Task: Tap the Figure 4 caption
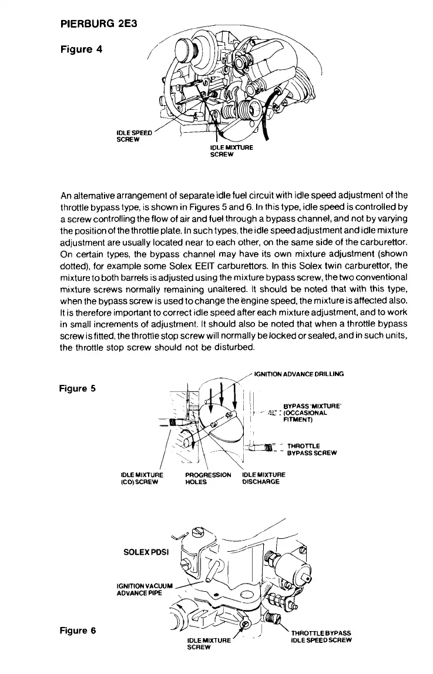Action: click(x=81, y=49)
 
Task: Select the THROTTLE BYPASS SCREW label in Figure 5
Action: click(x=311, y=449)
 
